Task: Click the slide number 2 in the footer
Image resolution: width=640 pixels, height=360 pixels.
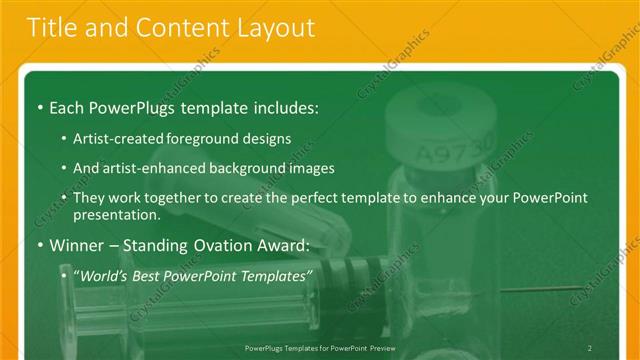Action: point(589,347)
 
